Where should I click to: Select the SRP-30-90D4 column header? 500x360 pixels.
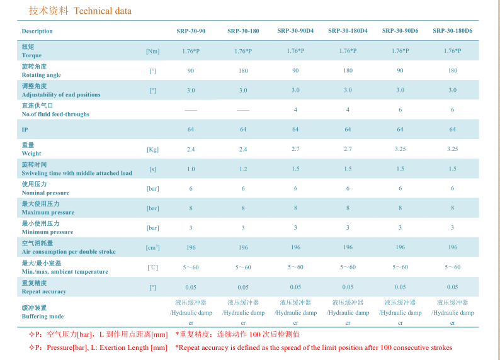(x=295, y=31)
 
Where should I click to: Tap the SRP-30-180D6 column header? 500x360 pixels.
(x=452, y=31)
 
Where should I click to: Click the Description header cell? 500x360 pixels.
(x=37, y=31)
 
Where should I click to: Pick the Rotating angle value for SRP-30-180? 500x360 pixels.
(x=243, y=70)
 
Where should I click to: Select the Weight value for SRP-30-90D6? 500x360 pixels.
(x=400, y=149)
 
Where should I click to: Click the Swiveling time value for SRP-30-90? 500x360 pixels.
(x=191, y=169)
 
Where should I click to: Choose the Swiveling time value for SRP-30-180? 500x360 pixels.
(x=243, y=169)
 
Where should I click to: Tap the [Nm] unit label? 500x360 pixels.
(x=152, y=51)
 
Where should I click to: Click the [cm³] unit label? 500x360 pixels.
(x=152, y=247)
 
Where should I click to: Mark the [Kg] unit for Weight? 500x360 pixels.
(x=152, y=149)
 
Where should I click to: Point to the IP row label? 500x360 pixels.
(x=25, y=130)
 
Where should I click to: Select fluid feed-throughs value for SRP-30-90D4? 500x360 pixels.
(x=295, y=110)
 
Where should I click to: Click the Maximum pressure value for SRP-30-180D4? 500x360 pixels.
(x=348, y=208)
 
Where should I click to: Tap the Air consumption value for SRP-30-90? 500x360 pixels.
(x=191, y=247)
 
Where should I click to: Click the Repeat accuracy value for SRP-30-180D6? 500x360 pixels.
(x=452, y=287)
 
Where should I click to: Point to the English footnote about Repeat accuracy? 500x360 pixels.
(x=314, y=347)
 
